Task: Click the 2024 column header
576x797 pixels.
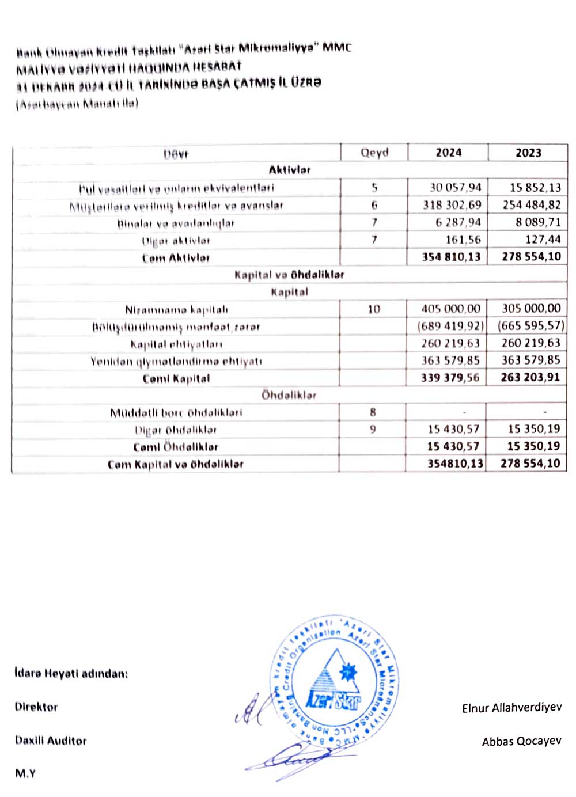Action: pyautogui.click(x=448, y=153)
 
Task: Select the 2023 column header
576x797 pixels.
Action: pyautogui.click(x=528, y=153)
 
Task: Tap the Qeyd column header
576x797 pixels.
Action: pyautogui.click(x=374, y=153)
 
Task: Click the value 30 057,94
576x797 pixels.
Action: pyautogui.click(x=455, y=188)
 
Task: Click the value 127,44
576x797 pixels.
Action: pyautogui.click(x=543, y=240)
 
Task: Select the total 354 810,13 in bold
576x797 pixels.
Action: pyautogui.click(x=451, y=257)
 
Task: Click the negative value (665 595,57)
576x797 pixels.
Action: pyautogui.click(x=530, y=326)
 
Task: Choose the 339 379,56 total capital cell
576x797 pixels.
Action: pyautogui.click(x=450, y=378)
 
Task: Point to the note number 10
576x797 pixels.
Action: pyautogui.click(x=374, y=309)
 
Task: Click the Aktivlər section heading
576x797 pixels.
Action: pyautogui.click(x=290, y=170)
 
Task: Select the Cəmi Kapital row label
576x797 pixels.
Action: pyautogui.click(x=176, y=378)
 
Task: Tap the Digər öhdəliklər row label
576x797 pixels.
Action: pyautogui.click(x=176, y=430)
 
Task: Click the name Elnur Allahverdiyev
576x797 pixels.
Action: pyautogui.click(x=511, y=708)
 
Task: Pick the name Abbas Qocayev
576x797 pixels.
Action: pyautogui.click(x=521, y=741)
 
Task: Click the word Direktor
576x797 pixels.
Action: pyautogui.click(x=36, y=707)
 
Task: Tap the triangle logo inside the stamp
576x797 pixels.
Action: pyautogui.click(x=334, y=680)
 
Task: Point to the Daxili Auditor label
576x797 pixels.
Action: pyautogui.click(x=51, y=741)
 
